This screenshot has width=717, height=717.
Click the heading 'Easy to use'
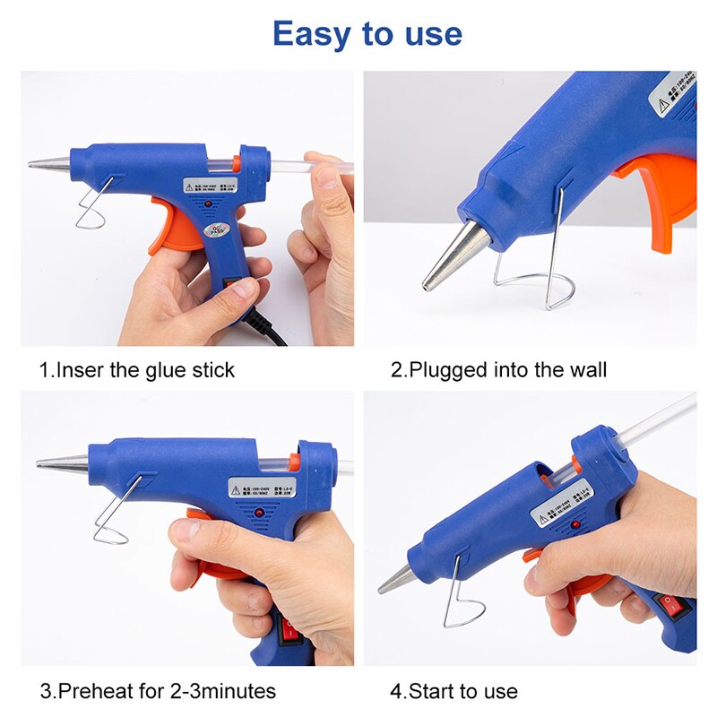pos(367,34)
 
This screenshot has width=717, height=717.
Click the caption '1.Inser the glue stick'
pos(136,369)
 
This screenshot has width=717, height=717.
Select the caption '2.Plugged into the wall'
pos(498,369)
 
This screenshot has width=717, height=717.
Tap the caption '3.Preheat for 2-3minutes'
pos(158,691)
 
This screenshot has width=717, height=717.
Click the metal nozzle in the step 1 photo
pos(49,164)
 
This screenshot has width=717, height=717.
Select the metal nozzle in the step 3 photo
pos(63,463)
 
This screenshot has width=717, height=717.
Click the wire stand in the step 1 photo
pos(90,212)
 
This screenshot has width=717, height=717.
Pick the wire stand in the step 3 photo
pos(112,520)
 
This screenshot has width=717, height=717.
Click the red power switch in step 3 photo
pos(289,632)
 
